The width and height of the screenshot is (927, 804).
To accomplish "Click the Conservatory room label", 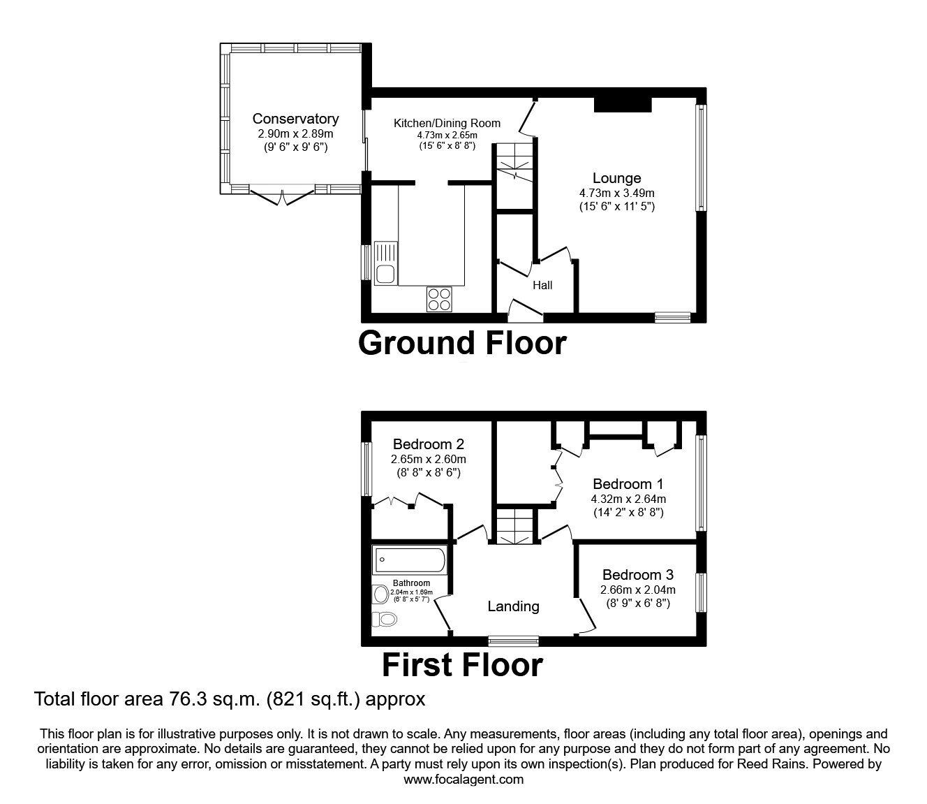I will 295,119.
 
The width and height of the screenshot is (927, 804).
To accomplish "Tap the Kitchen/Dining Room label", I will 447,124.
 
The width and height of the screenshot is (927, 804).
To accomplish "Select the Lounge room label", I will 616,179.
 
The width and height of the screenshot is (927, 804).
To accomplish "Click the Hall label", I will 542,285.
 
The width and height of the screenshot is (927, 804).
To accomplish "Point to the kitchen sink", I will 385,264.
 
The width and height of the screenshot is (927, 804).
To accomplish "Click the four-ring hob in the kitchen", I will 440,299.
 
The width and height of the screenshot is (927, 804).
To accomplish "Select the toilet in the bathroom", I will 384,618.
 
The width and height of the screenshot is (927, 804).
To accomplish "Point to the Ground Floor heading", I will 462,343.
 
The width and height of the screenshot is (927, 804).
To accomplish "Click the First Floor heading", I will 462,665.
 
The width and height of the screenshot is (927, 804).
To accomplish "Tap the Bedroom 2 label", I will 428,444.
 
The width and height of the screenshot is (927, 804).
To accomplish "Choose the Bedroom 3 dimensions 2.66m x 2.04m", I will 637,590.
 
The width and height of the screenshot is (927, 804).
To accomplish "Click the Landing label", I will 513,606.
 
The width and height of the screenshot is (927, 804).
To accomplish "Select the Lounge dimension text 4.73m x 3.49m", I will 616,193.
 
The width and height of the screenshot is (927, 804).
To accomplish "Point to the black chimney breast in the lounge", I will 622,105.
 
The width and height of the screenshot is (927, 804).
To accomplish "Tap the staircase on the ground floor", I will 514,162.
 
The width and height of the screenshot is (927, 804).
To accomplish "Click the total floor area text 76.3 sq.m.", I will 230,699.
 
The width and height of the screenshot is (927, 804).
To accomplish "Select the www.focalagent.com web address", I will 463,780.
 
